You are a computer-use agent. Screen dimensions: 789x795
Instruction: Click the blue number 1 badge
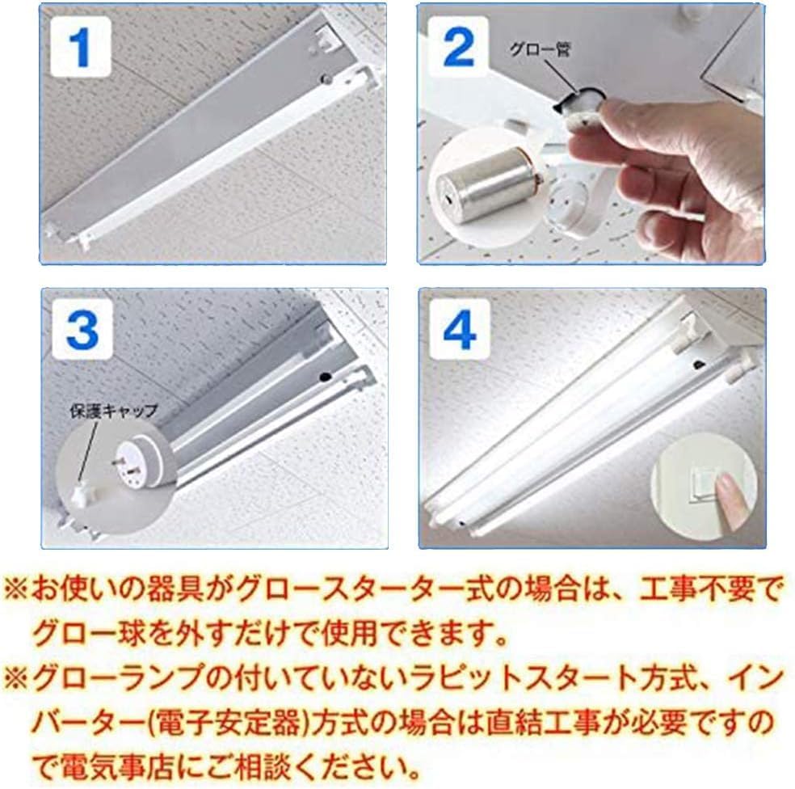click(78, 49)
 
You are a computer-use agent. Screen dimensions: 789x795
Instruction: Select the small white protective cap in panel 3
click(82, 492)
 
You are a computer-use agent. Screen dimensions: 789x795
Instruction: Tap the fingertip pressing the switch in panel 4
click(730, 488)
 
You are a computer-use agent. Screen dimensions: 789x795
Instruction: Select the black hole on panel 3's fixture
click(325, 375)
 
